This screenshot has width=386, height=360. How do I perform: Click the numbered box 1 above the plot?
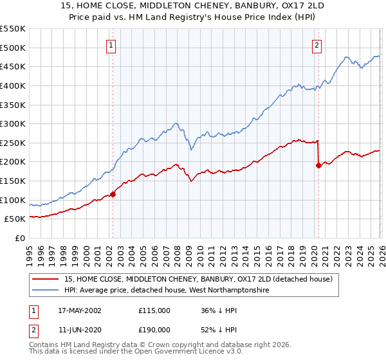tap(112, 45)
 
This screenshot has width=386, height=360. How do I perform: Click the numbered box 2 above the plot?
tap(318, 45)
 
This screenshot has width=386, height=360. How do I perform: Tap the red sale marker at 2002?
tap(113, 194)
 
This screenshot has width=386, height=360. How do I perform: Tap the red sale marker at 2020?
tap(318, 165)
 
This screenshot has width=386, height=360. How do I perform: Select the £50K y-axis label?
tap(14, 219)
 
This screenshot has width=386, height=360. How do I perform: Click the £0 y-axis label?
tap(19, 239)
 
